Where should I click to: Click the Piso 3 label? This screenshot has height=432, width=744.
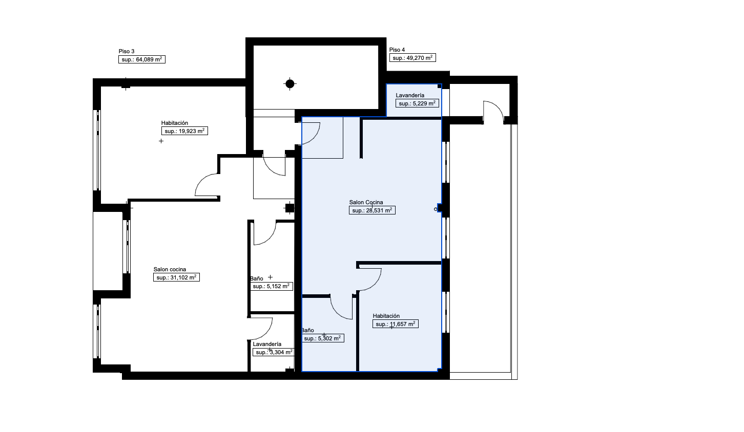coord(127,51)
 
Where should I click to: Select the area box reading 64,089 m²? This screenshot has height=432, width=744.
coord(142,59)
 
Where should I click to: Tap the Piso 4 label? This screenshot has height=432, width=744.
coord(397,50)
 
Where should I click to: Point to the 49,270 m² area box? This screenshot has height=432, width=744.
coord(412,58)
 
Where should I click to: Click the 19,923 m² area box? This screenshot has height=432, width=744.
coord(184,131)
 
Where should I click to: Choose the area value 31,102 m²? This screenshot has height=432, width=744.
coord(176,277)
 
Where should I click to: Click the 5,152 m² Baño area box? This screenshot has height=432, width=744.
coord(272,286)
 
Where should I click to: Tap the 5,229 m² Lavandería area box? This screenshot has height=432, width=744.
coord(417,103)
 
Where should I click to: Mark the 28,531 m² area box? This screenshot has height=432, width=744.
coord(372,210)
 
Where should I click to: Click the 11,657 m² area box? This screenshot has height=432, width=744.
coord(395,324)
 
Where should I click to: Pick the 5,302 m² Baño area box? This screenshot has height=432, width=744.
coord(322,338)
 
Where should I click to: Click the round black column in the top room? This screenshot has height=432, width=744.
coord(290,84)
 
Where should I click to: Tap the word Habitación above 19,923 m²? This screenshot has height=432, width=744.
coord(175,123)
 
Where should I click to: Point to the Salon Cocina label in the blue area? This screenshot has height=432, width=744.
coord(366,202)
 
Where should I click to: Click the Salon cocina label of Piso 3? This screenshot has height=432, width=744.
coord(170,269)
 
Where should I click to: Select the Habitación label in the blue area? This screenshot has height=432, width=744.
coord(386,316)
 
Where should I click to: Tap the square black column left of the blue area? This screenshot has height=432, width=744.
coord(290,208)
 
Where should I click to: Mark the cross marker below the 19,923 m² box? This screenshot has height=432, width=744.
coord(161,141)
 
